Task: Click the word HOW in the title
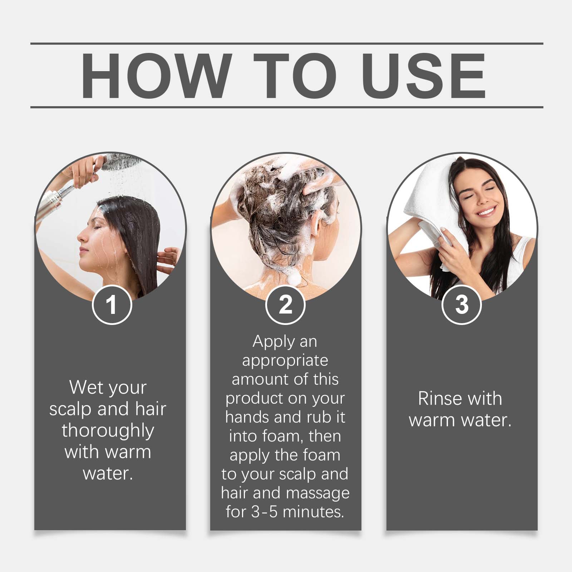coord(155,75)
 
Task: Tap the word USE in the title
coord(425,75)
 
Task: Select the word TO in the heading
coord(295,75)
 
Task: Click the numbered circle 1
coord(112,305)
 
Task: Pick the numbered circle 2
coord(285,305)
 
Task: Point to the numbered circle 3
coord(462,305)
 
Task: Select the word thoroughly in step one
coord(108,431)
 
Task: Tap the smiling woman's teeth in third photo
coord(486,212)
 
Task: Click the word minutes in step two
coord(313,512)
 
